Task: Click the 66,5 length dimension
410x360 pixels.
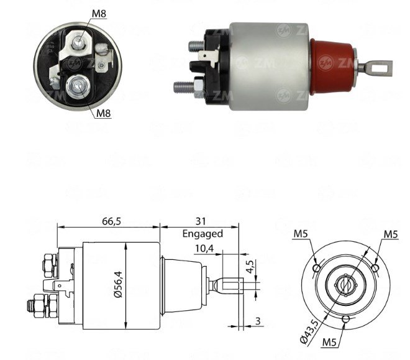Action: (111, 221)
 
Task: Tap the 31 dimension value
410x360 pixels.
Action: (201, 221)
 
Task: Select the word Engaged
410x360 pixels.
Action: (203, 234)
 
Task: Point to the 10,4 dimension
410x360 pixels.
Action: (204, 248)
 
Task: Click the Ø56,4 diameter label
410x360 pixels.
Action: (119, 284)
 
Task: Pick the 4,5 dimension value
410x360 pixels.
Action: (250, 267)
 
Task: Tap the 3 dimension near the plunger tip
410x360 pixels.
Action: (258, 321)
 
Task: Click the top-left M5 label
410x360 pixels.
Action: (301, 234)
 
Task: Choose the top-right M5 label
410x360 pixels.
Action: (391, 234)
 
